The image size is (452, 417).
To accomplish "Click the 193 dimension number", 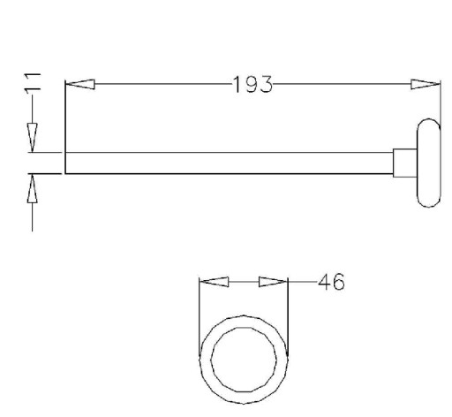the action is (252, 85).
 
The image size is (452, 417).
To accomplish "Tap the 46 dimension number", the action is (331, 282).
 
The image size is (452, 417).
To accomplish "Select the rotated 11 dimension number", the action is (33, 84).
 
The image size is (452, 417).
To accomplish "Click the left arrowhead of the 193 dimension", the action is (79, 84).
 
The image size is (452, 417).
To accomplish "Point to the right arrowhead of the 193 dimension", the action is (426, 84).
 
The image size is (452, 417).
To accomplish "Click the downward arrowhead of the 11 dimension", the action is (33, 138).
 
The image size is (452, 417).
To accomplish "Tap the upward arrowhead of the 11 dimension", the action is (33, 188).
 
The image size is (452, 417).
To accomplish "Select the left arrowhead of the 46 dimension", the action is (214, 282).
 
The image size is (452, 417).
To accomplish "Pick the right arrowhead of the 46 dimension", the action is (273, 282).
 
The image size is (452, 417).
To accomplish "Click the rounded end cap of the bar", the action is (429, 163).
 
